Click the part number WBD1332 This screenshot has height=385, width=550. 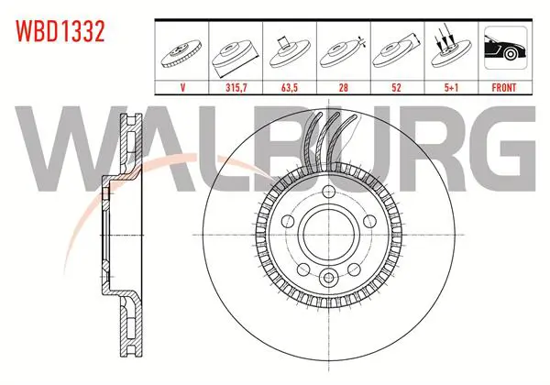tap(60, 31)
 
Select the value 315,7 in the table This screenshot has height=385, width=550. tap(236, 88)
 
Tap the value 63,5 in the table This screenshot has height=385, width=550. tap(290, 88)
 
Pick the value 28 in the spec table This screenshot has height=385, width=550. tap(344, 88)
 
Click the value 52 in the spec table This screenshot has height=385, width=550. tap(396, 88)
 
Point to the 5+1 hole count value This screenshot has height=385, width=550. tap(451, 88)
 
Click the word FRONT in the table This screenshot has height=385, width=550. tap(504, 88)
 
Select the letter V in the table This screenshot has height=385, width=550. tap(182, 88)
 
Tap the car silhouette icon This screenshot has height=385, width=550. tap(505, 48)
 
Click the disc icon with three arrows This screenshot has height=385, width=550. tap(451, 50)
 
